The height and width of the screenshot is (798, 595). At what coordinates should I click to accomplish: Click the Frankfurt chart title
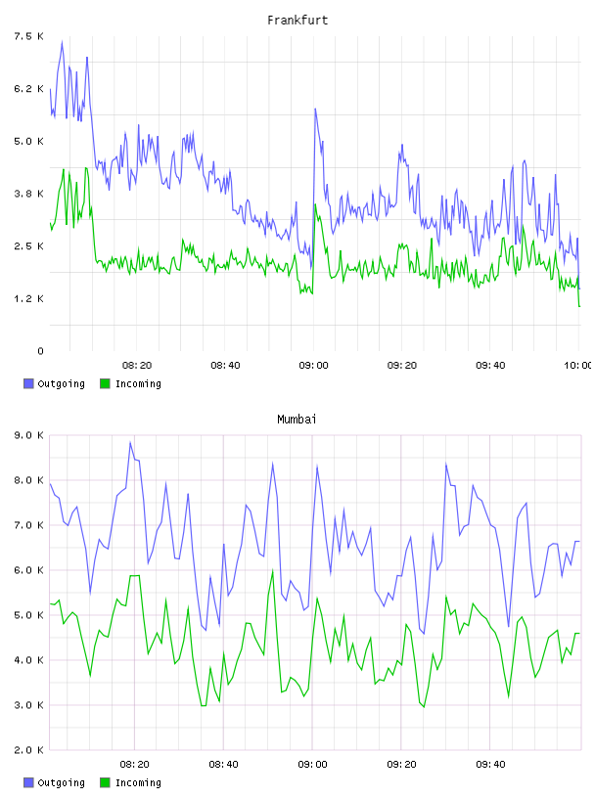point(297,20)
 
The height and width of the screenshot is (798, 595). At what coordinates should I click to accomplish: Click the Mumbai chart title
point(297,419)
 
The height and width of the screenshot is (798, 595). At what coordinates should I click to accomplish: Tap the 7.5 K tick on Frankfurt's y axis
point(28,36)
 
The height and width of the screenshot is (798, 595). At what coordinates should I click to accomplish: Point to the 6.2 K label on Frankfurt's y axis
point(28,89)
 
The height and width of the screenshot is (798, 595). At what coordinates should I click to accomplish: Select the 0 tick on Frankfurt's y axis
point(40,351)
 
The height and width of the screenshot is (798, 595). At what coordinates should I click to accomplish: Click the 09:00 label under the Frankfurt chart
point(313,365)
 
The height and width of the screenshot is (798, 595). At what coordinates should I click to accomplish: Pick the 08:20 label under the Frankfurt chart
point(137,365)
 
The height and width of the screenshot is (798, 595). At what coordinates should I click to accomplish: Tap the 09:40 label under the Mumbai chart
point(490,764)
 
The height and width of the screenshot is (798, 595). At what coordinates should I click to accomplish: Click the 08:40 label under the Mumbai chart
point(224,764)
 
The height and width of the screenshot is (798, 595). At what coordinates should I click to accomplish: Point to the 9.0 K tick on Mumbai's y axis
point(28,435)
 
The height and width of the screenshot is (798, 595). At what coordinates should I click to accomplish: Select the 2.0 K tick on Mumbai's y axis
point(28,750)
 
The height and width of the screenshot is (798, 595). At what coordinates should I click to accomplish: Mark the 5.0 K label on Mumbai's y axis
point(28,615)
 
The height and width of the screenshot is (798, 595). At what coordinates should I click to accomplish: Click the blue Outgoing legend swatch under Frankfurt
point(28,383)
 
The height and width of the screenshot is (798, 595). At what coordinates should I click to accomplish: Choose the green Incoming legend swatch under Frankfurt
point(105,383)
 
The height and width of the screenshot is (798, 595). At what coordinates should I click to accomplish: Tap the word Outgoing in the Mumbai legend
point(61,782)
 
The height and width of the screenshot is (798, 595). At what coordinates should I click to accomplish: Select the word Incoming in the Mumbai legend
point(138,782)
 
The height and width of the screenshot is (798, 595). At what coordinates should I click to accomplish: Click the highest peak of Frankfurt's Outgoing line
point(63,42)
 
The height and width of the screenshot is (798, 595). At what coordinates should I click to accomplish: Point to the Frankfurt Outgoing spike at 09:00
point(315,109)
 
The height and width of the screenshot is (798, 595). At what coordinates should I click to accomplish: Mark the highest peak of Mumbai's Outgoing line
point(130,442)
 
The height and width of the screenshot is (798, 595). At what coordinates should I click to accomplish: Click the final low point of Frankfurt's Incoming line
point(579,306)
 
